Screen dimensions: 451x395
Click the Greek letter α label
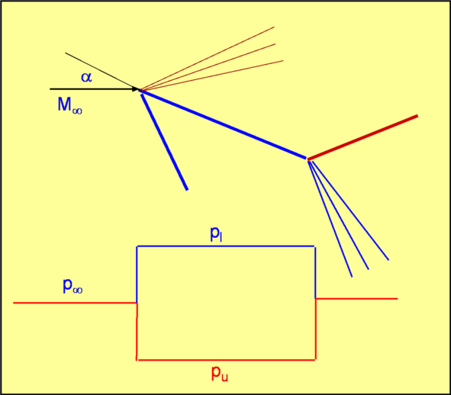[x=86, y=77]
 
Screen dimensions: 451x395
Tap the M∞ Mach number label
[x=70, y=105]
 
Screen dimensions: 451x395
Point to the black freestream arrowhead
[x=135, y=89]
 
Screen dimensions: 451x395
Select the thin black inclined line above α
[x=102, y=71]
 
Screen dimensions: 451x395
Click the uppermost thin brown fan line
[x=207, y=59]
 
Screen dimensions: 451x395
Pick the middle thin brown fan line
[x=208, y=67]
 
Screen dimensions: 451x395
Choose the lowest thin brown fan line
[x=211, y=75]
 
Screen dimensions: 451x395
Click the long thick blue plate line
[x=222, y=124]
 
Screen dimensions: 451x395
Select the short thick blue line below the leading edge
[x=164, y=142]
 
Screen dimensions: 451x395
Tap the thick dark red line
[x=362, y=137]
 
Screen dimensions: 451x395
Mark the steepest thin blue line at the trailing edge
[x=330, y=219]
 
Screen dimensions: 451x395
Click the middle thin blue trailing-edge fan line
[x=339, y=215]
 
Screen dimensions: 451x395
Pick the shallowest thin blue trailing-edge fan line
[x=350, y=210]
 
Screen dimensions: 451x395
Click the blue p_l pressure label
[x=216, y=234]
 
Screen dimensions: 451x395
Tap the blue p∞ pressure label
[x=72, y=286]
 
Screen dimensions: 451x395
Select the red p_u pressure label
[x=220, y=374]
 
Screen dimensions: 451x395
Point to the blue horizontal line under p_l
[x=226, y=246]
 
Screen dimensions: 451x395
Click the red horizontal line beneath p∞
[x=75, y=303]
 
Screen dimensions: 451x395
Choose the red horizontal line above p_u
[x=227, y=360]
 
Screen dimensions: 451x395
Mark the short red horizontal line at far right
[x=356, y=299]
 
